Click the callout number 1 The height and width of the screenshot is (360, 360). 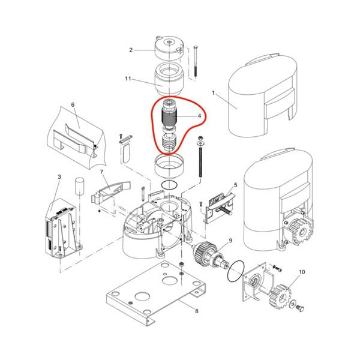pyautogui.click(x=213, y=93)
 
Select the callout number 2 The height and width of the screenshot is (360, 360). pyautogui.click(x=131, y=50)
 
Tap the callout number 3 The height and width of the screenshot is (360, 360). pyautogui.click(x=59, y=177)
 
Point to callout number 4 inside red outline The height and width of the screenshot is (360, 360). pyautogui.click(x=199, y=116)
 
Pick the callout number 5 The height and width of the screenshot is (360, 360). pyautogui.click(x=236, y=185)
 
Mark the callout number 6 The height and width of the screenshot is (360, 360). pyautogui.click(x=73, y=105)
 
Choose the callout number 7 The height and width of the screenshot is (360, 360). pyautogui.click(x=101, y=172)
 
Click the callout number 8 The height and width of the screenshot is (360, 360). pyautogui.click(x=197, y=311)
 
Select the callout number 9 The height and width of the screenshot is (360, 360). pyautogui.click(x=230, y=241)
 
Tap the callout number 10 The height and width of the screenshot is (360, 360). pyautogui.click(x=302, y=272)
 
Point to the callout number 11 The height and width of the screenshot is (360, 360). pyautogui.click(x=128, y=79)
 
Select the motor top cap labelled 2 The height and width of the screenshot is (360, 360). pyautogui.click(x=169, y=48)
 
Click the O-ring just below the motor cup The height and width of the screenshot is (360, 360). pyautogui.click(x=169, y=185)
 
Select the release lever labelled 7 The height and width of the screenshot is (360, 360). pyautogui.click(x=110, y=192)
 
